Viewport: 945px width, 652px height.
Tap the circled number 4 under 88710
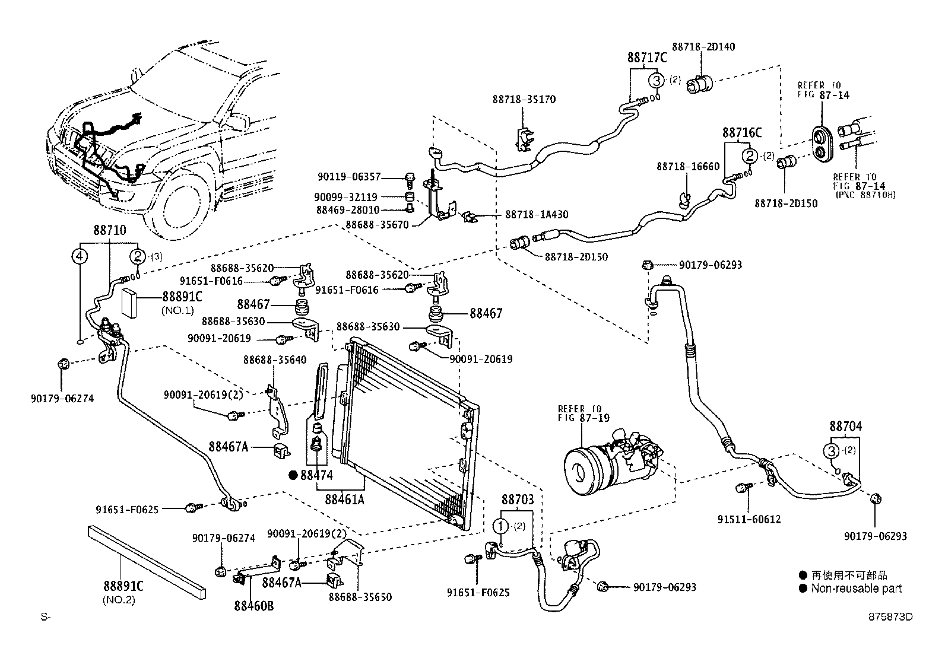(80, 257)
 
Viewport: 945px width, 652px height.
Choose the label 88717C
(647, 58)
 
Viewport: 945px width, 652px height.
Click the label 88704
(845, 426)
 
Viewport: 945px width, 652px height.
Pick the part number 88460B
(253, 606)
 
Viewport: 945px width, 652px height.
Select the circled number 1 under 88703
(501, 526)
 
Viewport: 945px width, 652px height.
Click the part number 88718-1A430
(536, 214)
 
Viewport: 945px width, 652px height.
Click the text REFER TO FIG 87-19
(579, 413)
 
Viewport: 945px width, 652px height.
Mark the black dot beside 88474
(293, 475)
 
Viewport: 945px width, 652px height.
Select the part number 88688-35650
(360, 597)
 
